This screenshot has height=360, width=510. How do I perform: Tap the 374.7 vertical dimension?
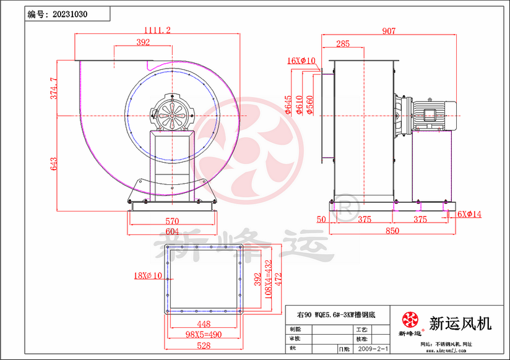click(x=54, y=88)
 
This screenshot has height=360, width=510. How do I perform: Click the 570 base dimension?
click(x=171, y=221)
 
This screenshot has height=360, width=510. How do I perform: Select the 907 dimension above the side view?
click(x=389, y=30)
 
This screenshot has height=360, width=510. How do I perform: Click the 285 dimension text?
click(x=342, y=43)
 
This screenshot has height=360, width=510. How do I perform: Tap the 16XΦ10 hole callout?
click(x=301, y=61)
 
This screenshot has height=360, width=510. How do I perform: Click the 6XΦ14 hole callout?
click(x=468, y=214)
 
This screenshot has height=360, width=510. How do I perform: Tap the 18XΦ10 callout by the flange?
click(x=148, y=275)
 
